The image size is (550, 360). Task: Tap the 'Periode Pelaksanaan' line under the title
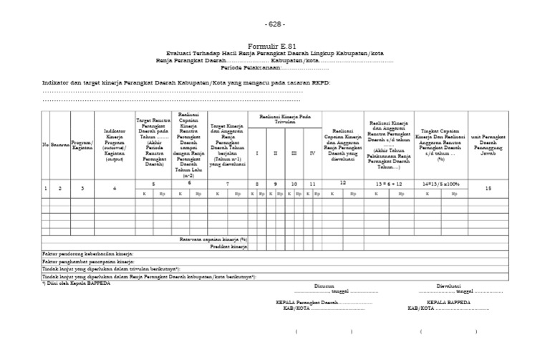(x=275, y=68)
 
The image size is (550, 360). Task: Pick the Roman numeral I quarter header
(x=256, y=152)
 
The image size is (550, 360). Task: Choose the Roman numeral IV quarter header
(x=311, y=152)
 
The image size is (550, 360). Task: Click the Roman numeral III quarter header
(x=293, y=152)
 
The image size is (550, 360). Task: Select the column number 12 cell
(x=342, y=183)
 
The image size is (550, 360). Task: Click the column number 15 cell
(x=488, y=188)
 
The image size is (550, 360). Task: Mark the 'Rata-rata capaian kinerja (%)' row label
(x=214, y=239)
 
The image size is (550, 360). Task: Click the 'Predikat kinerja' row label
(x=228, y=246)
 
